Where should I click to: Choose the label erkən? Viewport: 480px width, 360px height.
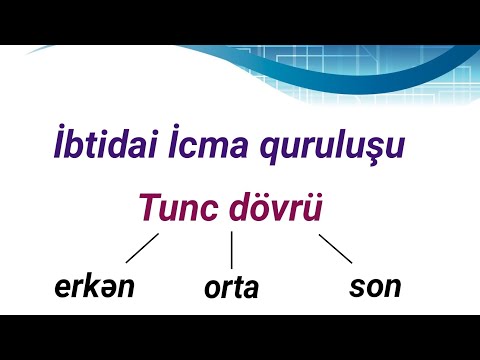pyautogui.click(x=94, y=288)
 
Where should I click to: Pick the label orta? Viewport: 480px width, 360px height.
pyautogui.click(x=231, y=289)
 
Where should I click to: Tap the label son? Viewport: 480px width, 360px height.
pyautogui.click(x=375, y=287)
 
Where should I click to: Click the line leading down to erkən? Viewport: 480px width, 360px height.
pyautogui.click(x=143, y=248)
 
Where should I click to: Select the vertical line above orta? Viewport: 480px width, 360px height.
pyautogui.click(x=232, y=250)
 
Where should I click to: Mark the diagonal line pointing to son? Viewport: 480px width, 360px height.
pyautogui.click(x=334, y=249)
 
